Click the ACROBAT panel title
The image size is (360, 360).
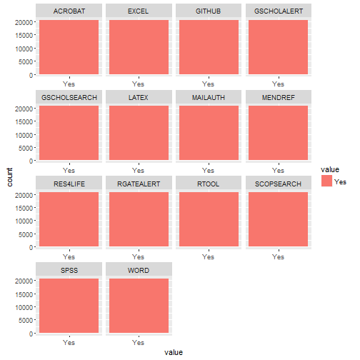[x=69, y=11]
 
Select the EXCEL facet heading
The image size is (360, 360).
[x=139, y=11]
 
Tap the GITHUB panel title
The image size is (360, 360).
[x=209, y=11]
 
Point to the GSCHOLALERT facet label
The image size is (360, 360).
[x=279, y=11]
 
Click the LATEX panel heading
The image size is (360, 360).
[x=139, y=98]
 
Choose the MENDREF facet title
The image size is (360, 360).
[x=279, y=98]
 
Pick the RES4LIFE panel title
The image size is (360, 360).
[x=69, y=184]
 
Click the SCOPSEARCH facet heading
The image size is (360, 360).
[x=279, y=184]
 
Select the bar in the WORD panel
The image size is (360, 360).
[x=139, y=306]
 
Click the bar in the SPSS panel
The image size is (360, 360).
[x=69, y=306]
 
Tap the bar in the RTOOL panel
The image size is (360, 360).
[x=209, y=219]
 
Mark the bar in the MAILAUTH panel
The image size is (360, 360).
[x=209, y=133]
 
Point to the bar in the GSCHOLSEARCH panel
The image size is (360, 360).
[x=69, y=133]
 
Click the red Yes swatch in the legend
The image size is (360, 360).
[x=326, y=181]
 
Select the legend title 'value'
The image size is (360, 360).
[x=330, y=169]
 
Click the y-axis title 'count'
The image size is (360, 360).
[x=9, y=177]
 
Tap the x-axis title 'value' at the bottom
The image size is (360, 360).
[x=174, y=352]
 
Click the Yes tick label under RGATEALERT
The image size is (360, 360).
[x=139, y=257]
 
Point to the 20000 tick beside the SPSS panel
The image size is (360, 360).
[x=24, y=281]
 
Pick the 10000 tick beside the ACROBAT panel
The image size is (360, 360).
[x=24, y=49]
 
